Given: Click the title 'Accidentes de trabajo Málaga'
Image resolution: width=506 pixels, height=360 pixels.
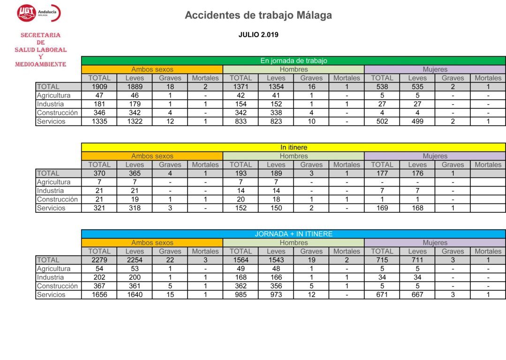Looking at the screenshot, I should (x=258, y=15).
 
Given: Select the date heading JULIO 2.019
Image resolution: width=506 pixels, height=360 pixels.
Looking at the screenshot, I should (x=258, y=35).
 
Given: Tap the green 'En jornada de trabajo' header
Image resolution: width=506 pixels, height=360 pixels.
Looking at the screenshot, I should (x=294, y=60).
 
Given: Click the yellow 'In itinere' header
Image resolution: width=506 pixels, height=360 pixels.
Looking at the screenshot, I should (x=294, y=147).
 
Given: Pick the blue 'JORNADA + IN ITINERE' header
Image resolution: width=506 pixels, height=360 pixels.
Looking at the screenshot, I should (x=294, y=234).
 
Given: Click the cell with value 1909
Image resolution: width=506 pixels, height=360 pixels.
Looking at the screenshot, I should (x=99, y=87).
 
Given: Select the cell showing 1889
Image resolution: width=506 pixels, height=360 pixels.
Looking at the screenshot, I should (x=135, y=87).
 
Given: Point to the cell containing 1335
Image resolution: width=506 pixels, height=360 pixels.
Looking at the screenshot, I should (x=99, y=121).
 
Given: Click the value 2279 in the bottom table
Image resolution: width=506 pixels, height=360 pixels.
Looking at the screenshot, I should (x=99, y=260).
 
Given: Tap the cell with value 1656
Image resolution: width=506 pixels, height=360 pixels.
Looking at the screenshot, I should (x=99, y=294).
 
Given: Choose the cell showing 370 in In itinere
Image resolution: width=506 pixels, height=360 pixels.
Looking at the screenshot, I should (x=99, y=173).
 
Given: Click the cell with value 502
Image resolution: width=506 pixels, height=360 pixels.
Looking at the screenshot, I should (x=382, y=121).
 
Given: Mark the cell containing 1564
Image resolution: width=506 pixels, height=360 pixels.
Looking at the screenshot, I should (x=241, y=260).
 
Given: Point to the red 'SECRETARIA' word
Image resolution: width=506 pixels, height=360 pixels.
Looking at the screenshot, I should (x=40, y=35).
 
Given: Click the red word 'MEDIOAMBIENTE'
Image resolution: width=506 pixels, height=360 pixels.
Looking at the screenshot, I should (x=40, y=64).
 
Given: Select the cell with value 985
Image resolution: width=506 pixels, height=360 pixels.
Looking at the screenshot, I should (x=241, y=294).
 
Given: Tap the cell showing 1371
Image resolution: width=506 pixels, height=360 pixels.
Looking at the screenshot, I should (x=241, y=87).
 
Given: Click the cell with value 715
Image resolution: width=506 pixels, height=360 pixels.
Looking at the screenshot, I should (x=382, y=260).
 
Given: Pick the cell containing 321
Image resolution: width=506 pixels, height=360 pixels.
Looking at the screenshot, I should (x=99, y=208).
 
